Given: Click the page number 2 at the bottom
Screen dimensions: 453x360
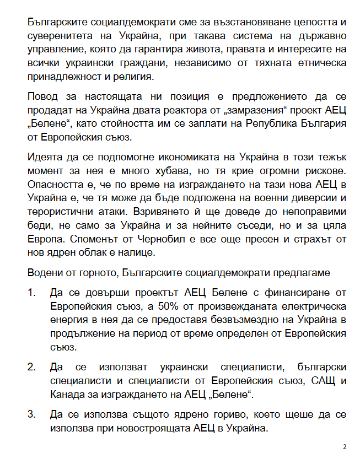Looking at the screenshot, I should click(345, 446).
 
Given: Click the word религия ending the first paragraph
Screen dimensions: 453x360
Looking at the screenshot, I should click(136, 76).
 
